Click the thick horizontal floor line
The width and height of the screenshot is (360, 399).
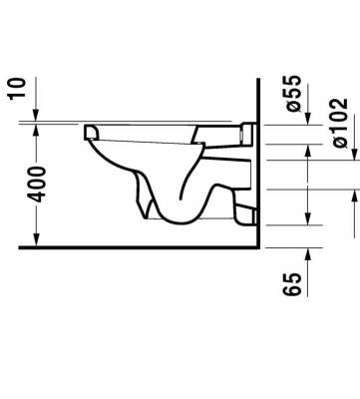coord(140,246)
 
